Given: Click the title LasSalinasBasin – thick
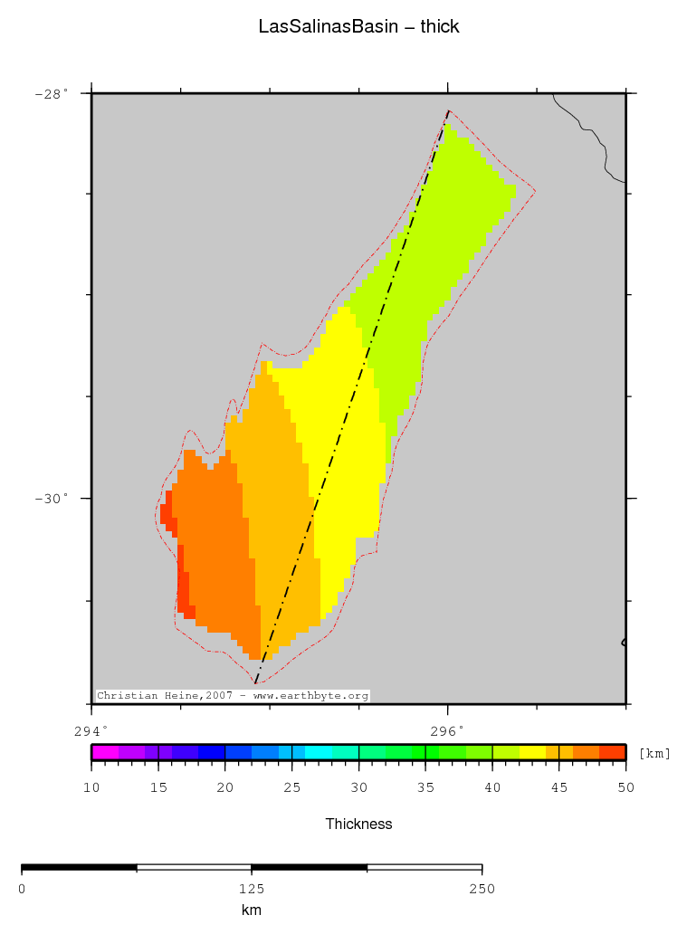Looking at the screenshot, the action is point(358,27).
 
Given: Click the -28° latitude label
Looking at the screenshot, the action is point(52,93).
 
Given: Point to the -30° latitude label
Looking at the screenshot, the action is point(52,499).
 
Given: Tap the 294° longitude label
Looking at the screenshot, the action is point(91,730).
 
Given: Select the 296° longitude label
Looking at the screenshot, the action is point(447,730).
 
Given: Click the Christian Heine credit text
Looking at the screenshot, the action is point(233,696).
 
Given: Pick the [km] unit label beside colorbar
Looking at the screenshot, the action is point(654,753).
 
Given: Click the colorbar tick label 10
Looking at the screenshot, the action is point(91,788).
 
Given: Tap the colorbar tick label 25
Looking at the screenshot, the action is point(291,788).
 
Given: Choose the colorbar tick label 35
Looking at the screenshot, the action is point(425,788).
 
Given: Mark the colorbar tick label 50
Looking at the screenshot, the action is point(625,788).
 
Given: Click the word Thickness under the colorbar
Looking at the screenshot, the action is point(358,824).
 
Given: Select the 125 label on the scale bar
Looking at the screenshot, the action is point(252,889).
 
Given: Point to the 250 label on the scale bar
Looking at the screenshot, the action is point(482,889).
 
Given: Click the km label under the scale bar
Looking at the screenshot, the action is point(252,910).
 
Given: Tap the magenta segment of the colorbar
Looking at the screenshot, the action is point(105,752).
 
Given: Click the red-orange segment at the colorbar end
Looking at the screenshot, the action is point(613,752).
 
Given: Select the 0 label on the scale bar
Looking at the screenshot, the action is point(22,889).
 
